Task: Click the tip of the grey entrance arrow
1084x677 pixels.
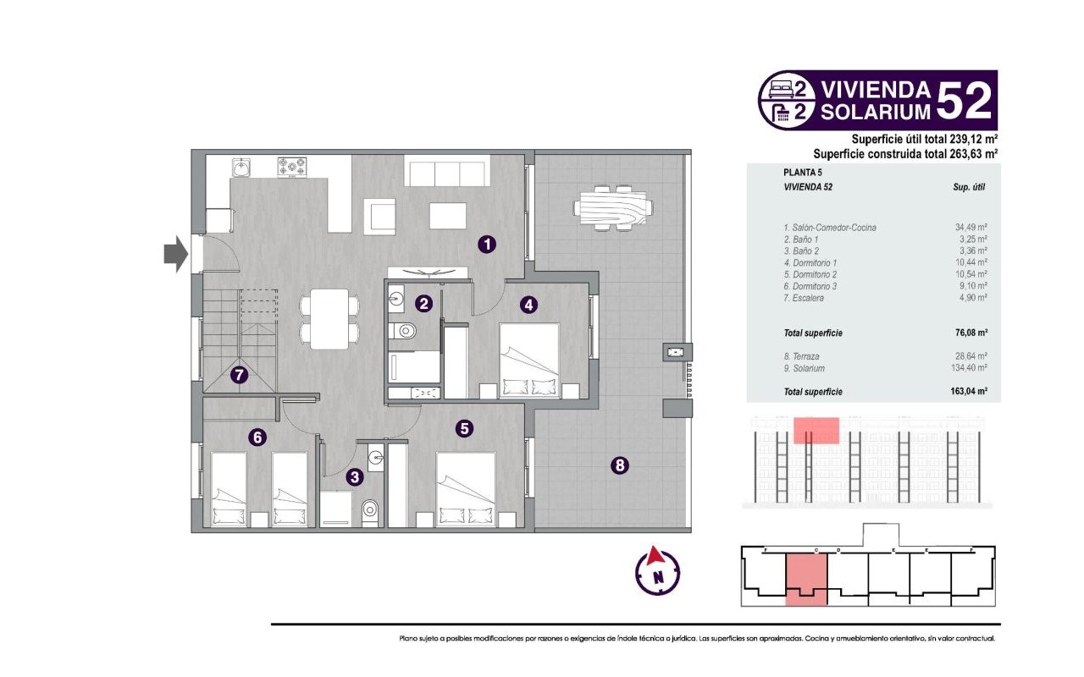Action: point(188,254)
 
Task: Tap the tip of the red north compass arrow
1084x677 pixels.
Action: point(655,547)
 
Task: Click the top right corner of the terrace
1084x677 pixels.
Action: point(691,150)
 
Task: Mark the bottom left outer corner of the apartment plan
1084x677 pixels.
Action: point(191,533)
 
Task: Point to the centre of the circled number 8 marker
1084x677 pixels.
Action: point(620,465)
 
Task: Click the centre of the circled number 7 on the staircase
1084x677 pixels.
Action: point(239,375)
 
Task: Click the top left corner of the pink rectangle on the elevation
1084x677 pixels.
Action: point(794,417)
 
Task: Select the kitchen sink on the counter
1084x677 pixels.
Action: point(241,168)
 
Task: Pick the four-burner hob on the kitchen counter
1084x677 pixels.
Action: point(292,168)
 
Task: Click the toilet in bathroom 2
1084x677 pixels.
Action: point(402,331)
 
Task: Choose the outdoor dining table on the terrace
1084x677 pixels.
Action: point(612,208)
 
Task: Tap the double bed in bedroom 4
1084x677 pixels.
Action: point(529,361)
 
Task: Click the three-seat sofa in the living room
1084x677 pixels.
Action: point(447,171)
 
